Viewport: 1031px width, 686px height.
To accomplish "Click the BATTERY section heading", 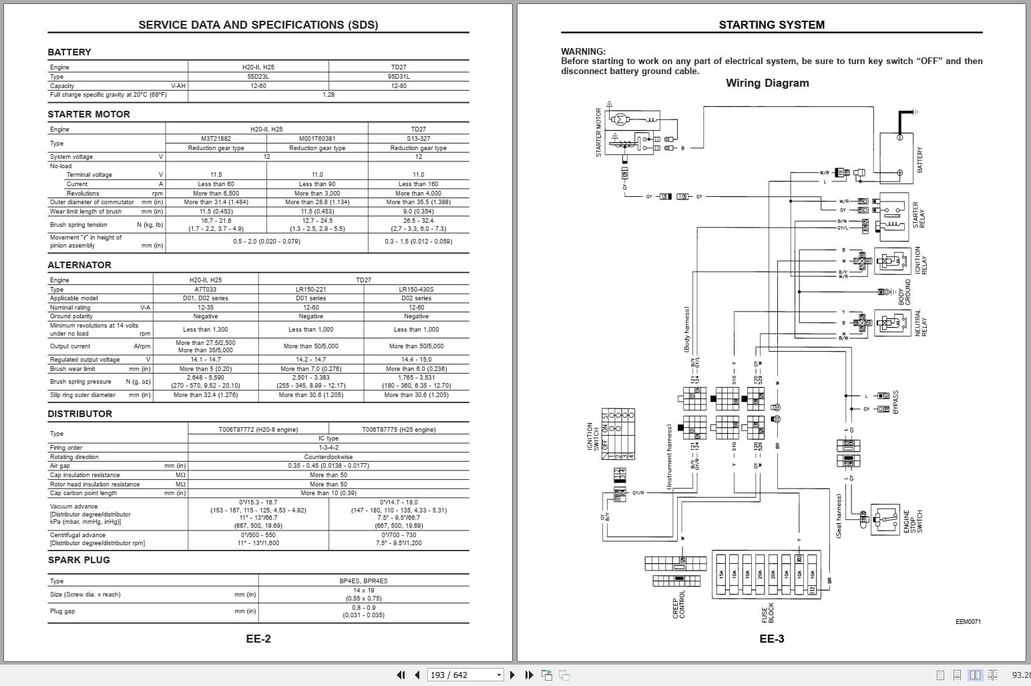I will [69, 52].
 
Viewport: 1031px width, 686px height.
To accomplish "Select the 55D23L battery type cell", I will [258, 77].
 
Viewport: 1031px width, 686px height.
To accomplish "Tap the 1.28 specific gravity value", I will [328, 95].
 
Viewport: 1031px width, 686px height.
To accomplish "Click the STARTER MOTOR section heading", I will [89, 114].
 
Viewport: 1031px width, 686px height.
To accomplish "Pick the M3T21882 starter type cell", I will [216, 139].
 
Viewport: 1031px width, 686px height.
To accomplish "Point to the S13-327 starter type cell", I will [418, 139].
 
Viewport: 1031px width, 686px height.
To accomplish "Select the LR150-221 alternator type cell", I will [311, 290].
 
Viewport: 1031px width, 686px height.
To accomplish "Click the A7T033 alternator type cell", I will [206, 290].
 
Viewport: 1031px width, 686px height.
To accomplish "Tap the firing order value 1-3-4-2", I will [328, 448].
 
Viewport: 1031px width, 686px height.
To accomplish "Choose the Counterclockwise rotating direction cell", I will [328, 457].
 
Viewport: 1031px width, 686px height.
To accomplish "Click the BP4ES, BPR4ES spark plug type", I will [363, 581].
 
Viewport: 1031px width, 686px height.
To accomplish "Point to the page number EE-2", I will [258, 639].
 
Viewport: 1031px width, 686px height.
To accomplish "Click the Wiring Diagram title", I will [767, 83].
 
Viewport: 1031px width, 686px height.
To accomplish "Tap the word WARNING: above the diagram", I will [583, 51].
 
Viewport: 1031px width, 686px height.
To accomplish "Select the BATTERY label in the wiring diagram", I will [919, 160].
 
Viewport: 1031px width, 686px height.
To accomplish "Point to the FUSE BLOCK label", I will [769, 615].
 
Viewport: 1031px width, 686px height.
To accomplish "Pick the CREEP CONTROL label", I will [678, 605].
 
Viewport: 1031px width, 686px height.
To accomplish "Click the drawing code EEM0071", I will [968, 622].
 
